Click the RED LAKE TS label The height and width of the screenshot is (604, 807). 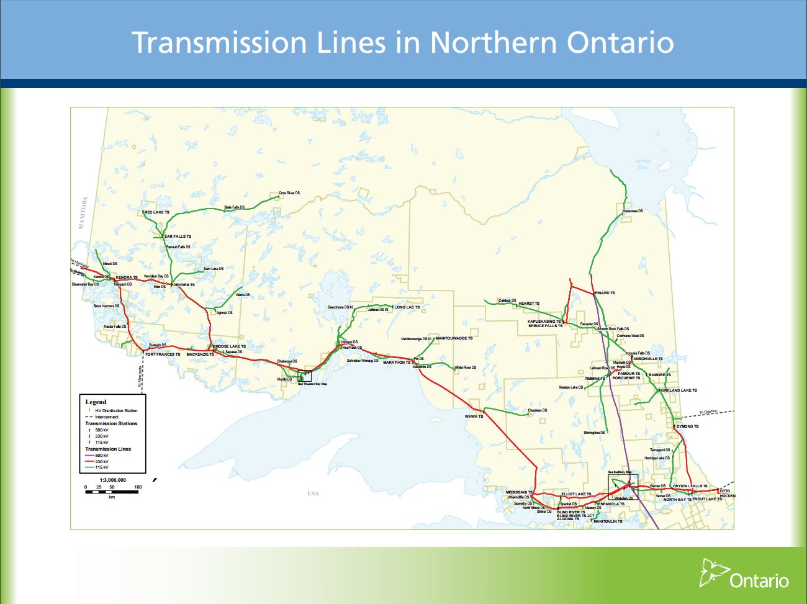pyautogui.click(x=157, y=212)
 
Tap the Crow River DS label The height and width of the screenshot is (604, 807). pyautogui.click(x=289, y=193)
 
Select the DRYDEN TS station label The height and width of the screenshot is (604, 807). pyautogui.click(x=184, y=285)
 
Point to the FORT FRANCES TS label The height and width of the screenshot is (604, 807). pyautogui.click(x=163, y=354)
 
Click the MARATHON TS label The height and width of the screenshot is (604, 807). pyautogui.click(x=397, y=362)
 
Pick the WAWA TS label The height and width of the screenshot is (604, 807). pyautogui.click(x=474, y=417)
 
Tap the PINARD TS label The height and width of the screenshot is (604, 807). pyautogui.click(x=605, y=293)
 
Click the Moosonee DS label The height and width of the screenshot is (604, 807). pyautogui.click(x=633, y=211)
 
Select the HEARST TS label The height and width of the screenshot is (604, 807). pyautogui.click(x=529, y=304)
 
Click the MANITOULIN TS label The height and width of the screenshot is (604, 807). pyautogui.click(x=608, y=521)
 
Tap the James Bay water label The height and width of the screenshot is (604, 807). pyautogui.click(x=642, y=164)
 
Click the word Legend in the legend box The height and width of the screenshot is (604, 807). pyautogui.click(x=96, y=402)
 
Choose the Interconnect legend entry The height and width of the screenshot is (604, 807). pyautogui.click(x=106, y=417)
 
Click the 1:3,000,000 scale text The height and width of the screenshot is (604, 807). pyautogui.click(x=112, y=480)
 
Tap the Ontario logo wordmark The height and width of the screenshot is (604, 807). pyautogui.click(x=759, y=581)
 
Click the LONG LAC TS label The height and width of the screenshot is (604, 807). pyautogui.click(x=407, y=307)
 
